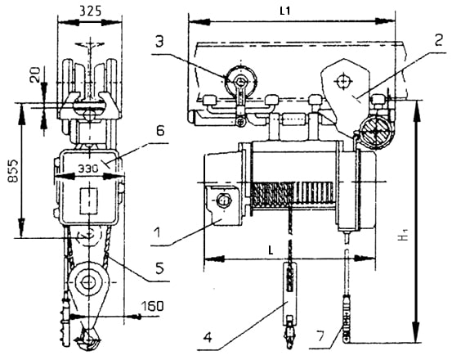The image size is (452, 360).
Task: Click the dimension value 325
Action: pyautogui.click(x=90, y=11)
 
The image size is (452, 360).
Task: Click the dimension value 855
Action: pyautogui.click(x=13, y=171)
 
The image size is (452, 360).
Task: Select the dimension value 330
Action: pyautogui.click(x=88, y=169)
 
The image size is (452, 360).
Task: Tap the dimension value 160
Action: pyautogui.click(x=152, y=306)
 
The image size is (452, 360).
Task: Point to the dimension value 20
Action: pyautogui.click(x=37, y=74)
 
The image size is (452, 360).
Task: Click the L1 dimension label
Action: pyautogui.click(x=284, y=11)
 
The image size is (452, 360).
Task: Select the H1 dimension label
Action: pyautogui.click(x=405, y=234)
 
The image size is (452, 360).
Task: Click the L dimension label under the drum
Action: pyautogui.click(x=271, y=250)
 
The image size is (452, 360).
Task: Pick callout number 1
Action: pyautogui.click(x=158, y=232)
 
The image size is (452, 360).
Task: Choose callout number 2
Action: pyautogui.click(x=438, y=41)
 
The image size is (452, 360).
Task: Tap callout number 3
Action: pyautogui.click(x=159, y=41)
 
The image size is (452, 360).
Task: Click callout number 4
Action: pyautogui.click(x=208, y=337)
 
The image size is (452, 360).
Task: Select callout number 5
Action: pyautogui.click(x=159, y=268)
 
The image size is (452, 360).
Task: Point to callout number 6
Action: pyautogui.click(x=160, y=130)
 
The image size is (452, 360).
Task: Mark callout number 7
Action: pyautogui.click(x=320, y=336)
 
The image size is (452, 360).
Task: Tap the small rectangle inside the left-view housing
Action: pyautogui.click(x=89, y=201)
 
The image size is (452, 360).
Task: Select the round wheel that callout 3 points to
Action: pyautogui.click(x=241, y=80)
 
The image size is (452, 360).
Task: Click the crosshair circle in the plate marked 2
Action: pyautogui.click(x=343, y=82)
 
